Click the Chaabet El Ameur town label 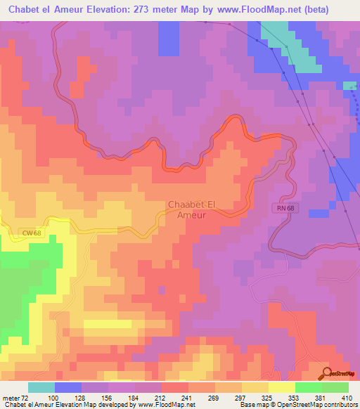[186, 209]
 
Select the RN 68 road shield [283, 208]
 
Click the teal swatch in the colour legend [41, 387]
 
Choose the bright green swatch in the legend [309, 387]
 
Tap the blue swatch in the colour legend [68, 387]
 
